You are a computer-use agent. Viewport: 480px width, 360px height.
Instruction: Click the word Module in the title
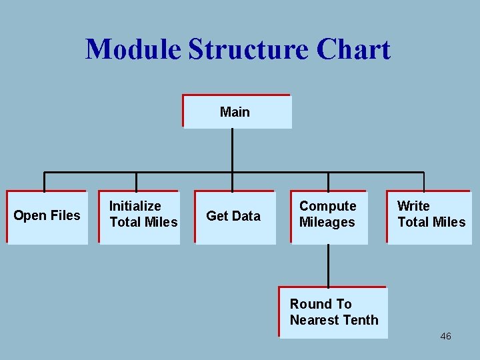tap(133, 50)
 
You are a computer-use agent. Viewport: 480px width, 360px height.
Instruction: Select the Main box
tap(237, 111)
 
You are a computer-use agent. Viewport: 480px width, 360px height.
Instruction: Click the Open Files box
tap(47, 217)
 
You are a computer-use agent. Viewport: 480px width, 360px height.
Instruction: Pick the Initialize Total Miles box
tap(140, 217)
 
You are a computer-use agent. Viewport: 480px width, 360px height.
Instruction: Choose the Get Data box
tap(235, 217)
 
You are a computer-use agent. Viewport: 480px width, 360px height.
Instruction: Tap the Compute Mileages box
tap(329, 217)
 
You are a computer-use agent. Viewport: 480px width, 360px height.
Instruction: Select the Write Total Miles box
tap(429, 217)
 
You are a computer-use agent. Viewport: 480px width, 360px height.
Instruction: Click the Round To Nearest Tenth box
tap(333, 312)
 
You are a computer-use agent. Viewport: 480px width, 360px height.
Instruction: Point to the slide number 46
tap(445, 336)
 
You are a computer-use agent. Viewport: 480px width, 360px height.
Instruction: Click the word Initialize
tap(135, 206)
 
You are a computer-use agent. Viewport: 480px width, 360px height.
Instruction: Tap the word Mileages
tap(327, 222)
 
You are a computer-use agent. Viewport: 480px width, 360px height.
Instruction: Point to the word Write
tap(413, 206)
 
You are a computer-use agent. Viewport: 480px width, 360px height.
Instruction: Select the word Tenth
tap(360, 320)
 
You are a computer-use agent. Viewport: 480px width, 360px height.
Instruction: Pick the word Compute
tap(327, 206)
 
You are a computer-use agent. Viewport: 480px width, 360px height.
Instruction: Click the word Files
tap(65, 215)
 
